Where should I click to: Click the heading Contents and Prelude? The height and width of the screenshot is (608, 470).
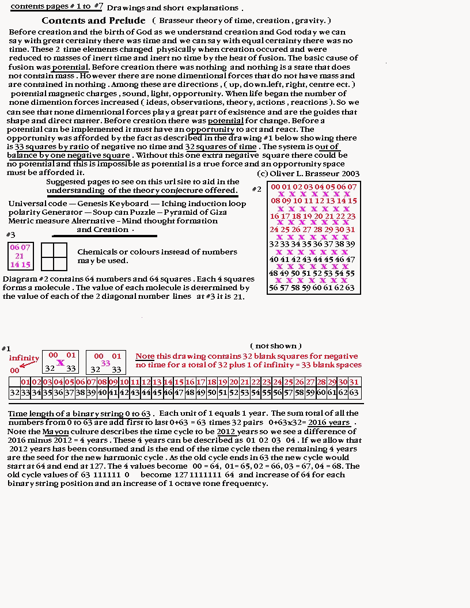click(93, 21)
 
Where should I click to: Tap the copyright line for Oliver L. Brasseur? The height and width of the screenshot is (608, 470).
click(308, 174)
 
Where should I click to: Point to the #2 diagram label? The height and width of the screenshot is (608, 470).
click(257, 189)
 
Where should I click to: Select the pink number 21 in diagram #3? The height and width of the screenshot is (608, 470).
click(20, 256)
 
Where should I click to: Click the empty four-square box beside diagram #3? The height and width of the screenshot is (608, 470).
click(55, 256)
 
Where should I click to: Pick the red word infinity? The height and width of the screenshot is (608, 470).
click(24, 358)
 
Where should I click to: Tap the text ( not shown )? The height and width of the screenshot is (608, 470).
click(278, 345)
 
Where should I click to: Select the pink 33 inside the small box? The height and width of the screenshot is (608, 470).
click(105, 363)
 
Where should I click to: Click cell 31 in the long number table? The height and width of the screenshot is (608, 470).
click(354, 382)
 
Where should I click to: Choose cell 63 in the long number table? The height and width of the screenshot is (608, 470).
click(354, 393)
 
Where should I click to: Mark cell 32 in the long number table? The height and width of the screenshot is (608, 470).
click(14, 393)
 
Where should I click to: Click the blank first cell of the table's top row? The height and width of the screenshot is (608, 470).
click(14, 382)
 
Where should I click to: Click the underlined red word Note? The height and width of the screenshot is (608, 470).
click(145, 356)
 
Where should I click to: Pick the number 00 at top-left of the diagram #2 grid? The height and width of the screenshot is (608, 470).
click(275, 187)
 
